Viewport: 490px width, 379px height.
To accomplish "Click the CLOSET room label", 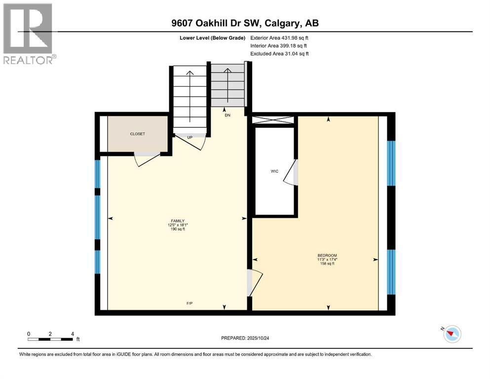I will coord(137,134).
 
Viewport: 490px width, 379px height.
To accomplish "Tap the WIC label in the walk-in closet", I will coord(274,171).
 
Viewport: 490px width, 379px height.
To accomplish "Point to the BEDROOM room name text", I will coord(327,255).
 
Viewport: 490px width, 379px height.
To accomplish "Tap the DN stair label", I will coord(227,115).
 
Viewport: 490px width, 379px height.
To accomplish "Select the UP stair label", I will coord(189,137).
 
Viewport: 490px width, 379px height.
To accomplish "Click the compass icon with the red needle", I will coord(451,334).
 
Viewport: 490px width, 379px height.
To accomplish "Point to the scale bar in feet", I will coord(51,339).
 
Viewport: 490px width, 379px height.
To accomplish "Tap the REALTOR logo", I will coord(28,34).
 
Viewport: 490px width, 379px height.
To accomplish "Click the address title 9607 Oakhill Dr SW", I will coord(245,23).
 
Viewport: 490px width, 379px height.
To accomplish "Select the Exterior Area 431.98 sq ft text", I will coord(280,38).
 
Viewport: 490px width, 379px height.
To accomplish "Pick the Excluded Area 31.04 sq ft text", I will coord(280,53).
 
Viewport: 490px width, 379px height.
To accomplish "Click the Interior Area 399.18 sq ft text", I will coord(280,45).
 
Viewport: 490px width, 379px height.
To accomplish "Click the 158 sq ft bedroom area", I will coord(327,264).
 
